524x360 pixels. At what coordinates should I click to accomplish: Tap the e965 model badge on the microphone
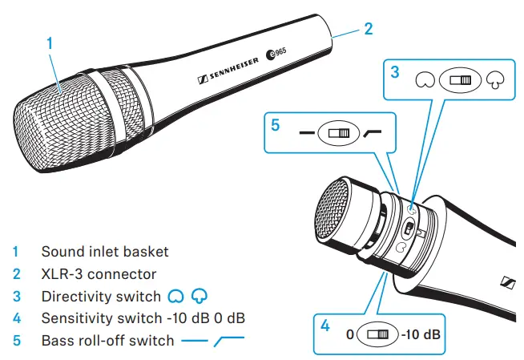click(276, 55)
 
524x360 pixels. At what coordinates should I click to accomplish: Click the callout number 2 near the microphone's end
click(368, 29)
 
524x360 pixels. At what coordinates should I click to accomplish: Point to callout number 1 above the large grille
click(50, 44)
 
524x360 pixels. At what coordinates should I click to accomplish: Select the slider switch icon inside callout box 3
click(459, 81)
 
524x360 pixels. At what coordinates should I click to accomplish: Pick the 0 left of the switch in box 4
click(350, 333)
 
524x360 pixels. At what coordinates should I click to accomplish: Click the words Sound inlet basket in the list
click(105, 251)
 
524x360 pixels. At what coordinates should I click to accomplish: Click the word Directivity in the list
click(75, 296)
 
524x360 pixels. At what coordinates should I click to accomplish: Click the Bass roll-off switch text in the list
click(107, 340)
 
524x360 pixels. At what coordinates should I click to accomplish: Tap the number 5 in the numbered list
click(17, 340)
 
